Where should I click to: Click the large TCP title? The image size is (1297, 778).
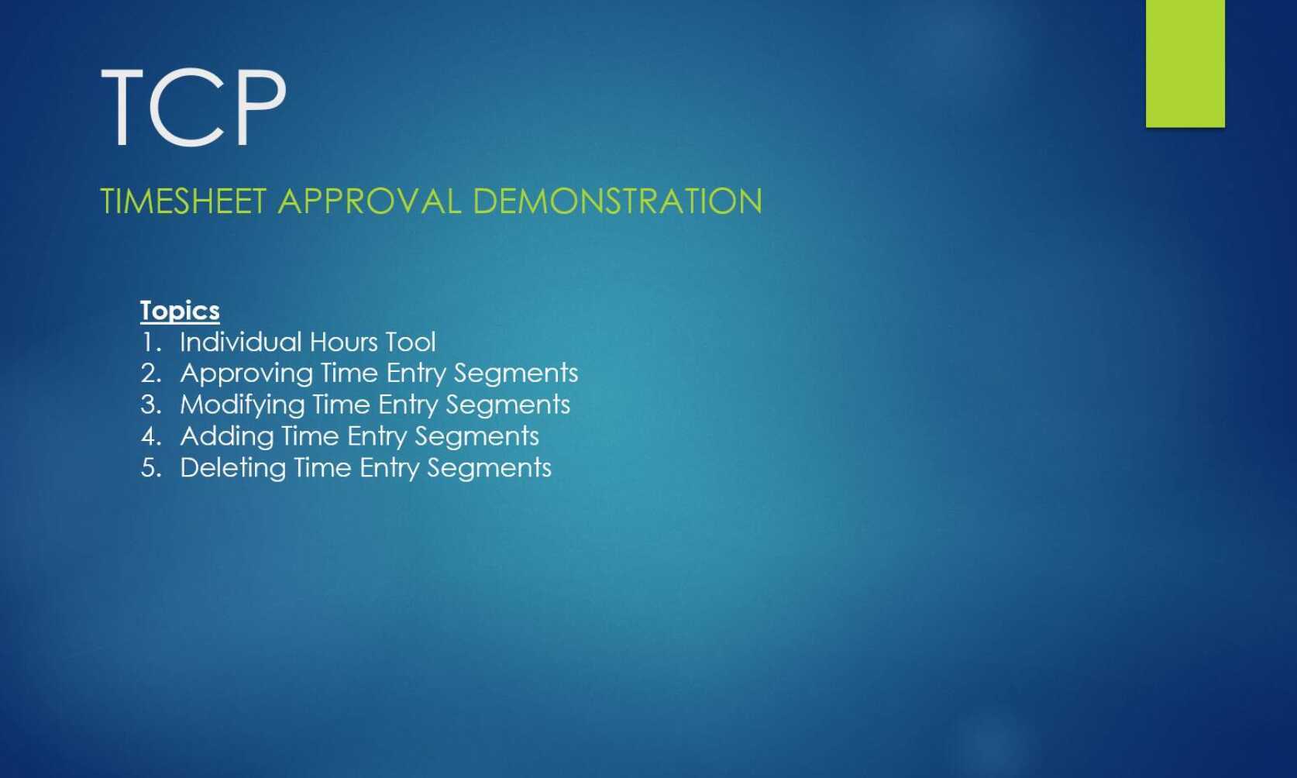tap(194, 107)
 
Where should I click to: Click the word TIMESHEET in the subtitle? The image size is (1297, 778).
tap(184, 201)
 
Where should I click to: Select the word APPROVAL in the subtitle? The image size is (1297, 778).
tap(370, 201)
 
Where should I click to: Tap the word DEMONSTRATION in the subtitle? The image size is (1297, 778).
tap(618, 201)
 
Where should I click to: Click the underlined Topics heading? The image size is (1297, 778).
tap(180, 311)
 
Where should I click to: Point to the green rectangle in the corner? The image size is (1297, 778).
tap(1185, 63)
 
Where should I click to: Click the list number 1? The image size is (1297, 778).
tap(150, 342)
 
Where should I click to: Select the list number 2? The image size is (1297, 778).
tap(150, 374)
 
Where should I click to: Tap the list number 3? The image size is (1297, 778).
tap(150, 404)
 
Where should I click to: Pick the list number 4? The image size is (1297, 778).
tap(150, 436)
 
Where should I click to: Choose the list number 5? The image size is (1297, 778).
tap(150, 468)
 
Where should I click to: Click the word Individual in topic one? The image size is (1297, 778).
tap(240, 342)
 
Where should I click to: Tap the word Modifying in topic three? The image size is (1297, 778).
tap(243, 405)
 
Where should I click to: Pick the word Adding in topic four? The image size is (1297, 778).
tap(227, 436)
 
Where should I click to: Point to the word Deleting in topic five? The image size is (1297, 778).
tap(232, 469)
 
